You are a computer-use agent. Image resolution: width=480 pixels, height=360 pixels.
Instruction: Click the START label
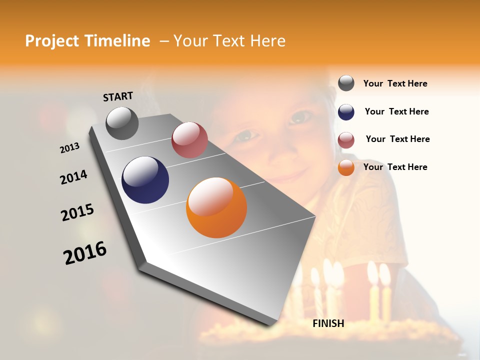click(x=118, y=96)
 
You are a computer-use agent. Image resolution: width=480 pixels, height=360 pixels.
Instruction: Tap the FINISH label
click(x=328, y=323)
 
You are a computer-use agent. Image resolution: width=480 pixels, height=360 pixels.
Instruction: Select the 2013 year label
click(x=70, y=148)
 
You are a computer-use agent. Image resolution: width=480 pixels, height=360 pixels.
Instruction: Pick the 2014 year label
click(x=73, y=177)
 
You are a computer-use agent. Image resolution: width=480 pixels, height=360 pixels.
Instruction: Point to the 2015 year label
click(x=77, y=212)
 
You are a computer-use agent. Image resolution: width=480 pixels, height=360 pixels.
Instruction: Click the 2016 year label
click(x=85, y=252)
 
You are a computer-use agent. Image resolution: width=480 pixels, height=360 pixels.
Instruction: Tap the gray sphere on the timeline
click(x=122, y=123)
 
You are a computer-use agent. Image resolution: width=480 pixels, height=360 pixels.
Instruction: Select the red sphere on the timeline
click(x=189, y=140)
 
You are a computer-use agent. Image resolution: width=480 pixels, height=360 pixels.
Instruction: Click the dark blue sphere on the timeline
click(x=145, y=180)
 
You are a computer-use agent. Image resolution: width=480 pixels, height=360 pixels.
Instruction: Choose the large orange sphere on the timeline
click(x=216, y=207)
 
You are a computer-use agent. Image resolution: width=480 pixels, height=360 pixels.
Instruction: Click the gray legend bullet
click(x=346, y=83)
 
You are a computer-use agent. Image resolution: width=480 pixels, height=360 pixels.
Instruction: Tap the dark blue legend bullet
click(x=346, y=112)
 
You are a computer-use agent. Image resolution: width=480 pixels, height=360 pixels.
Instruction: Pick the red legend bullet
click(x=346, y=140)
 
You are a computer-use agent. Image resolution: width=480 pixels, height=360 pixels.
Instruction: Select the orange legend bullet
click(x=346, y=167)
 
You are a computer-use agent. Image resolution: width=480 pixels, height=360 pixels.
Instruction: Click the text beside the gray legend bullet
click(x=395, y=83)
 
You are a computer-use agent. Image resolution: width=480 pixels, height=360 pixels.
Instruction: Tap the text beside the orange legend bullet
click(x=395, y=167)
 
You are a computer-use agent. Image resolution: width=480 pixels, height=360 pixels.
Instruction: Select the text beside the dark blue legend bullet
click(x=396, y=111)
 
